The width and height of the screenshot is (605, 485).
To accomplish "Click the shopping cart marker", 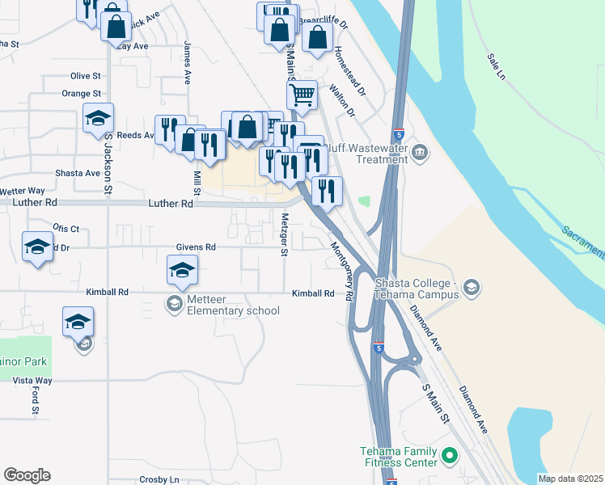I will (x=302, y=94).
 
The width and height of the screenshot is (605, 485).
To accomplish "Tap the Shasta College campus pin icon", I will (x=472, y=287).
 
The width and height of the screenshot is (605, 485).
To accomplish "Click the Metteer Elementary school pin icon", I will (x=174, y=304).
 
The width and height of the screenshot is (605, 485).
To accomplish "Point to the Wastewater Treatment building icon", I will (x=420, y=152).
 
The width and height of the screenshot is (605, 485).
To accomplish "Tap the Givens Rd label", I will (x=196, y=247).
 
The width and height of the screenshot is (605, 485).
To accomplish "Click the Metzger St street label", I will (x=284, y=234).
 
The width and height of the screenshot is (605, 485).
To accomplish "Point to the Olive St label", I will (x=85, y=75).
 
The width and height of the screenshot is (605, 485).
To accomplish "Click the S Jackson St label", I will (x=107, y=163).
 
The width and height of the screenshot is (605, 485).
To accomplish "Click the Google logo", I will (x=27, y=475).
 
